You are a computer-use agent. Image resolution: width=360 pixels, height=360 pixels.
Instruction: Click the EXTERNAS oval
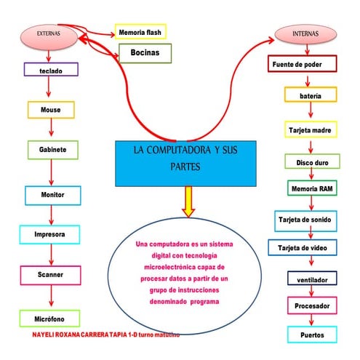pyautogui.click(x=49, y=34)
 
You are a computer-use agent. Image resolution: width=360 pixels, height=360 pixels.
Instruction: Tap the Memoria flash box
pyautogui.click(x=140, y=32)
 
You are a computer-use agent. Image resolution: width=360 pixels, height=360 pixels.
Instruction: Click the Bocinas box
pyautogui.click(x=145, y=53)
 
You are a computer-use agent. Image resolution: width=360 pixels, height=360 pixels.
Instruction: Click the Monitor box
pyautogui.click(x=52, y=195)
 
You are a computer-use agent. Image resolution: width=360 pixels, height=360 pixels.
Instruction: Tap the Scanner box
pyautogui.click(x=49, y=275)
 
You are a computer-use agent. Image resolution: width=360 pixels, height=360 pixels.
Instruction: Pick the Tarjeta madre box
pyautogui.click(x=311, y=130)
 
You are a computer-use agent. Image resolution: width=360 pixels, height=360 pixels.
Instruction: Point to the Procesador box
pyautogui.click(x=312, y=306)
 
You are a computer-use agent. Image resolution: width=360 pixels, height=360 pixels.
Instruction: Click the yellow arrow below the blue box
pyautogui.click(x=188, y=201)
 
